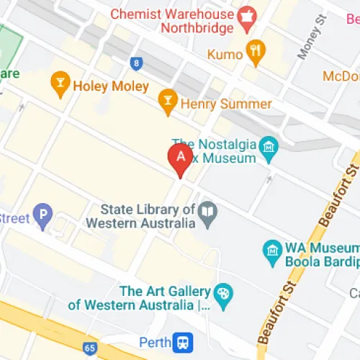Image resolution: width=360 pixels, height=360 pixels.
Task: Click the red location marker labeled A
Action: (179, 158)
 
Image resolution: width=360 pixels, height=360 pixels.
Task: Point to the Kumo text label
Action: (224, 54)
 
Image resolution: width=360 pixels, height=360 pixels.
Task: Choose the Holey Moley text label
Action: (111, 86)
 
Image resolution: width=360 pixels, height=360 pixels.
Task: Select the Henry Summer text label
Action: (225, 104)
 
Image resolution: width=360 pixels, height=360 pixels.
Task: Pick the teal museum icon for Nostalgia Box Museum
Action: (269, 147)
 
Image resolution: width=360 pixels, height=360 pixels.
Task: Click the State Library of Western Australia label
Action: (140, 216)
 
